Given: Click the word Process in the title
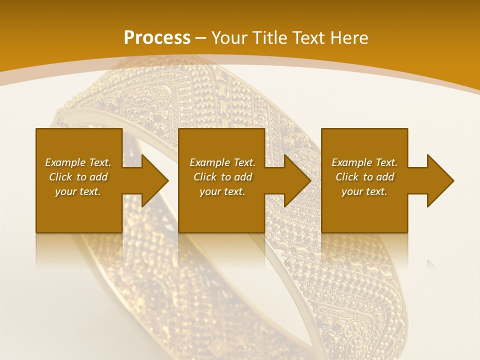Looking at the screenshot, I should [x=157, y=38].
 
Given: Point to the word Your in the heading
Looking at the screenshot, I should [x=230, y=38].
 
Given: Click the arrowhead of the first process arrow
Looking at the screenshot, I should [x=155, y=180].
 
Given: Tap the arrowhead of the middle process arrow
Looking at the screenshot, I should [x=297, y=180].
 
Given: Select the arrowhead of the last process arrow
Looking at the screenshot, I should [x=440, y=180].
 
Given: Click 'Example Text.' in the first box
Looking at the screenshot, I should [x=78, y=162].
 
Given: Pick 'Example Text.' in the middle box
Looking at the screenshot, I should [x=222, y=162].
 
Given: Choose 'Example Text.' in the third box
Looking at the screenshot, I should [x=364, y=162].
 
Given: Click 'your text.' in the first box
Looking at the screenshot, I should [x=78, y=191].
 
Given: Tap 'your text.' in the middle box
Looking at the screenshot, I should [x=222, y=191].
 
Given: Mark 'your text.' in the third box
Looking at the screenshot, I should [x=364, y=191].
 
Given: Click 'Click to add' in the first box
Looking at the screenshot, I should [x=78, y=177].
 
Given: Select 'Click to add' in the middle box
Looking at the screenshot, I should [x=222, y=177].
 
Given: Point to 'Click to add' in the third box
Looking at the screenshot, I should [x=364, y=177].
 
